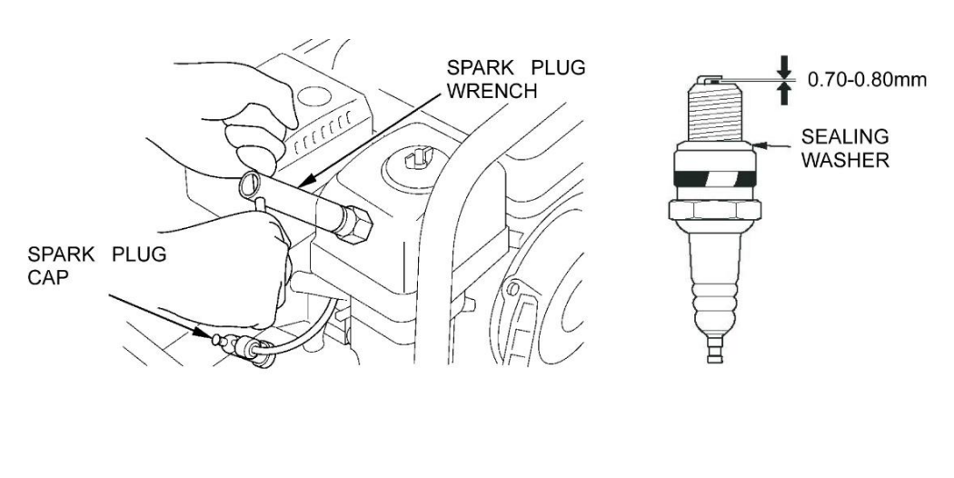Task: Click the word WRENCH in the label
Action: click(492, 91)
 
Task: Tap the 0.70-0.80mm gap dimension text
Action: click(867, 80)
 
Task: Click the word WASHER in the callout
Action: click(845, 160)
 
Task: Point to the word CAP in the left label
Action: click(48, 278)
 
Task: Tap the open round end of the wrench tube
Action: click(249, 185)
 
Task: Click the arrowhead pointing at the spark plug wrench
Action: click(308, 180)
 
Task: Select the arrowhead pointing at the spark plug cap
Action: click(204, 333)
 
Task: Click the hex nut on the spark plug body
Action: click(715, 212)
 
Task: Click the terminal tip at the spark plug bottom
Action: click(715, 352)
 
